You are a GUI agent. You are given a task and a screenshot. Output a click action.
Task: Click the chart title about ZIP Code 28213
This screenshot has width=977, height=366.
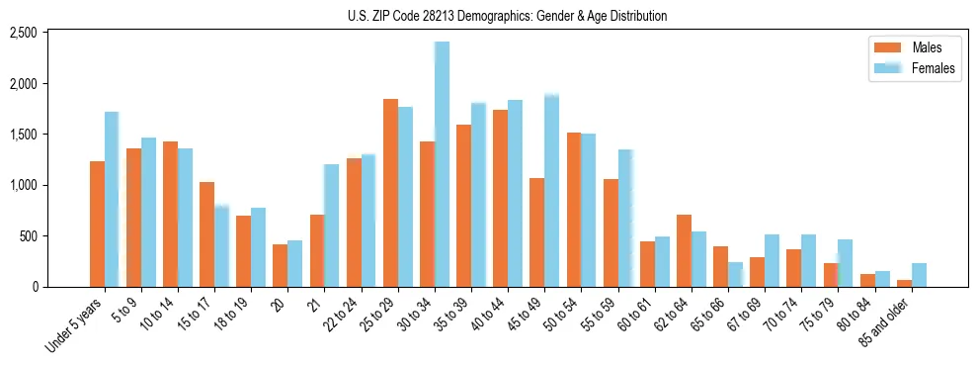507,16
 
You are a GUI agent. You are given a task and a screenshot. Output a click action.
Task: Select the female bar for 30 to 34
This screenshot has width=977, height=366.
442,164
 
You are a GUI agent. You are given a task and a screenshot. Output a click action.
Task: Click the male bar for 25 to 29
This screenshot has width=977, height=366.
390,193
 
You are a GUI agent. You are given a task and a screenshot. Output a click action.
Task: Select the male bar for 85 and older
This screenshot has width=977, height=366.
904,284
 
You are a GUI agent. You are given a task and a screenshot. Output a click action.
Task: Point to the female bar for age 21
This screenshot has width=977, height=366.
331,226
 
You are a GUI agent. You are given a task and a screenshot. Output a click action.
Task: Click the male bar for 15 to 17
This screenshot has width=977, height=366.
206,234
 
